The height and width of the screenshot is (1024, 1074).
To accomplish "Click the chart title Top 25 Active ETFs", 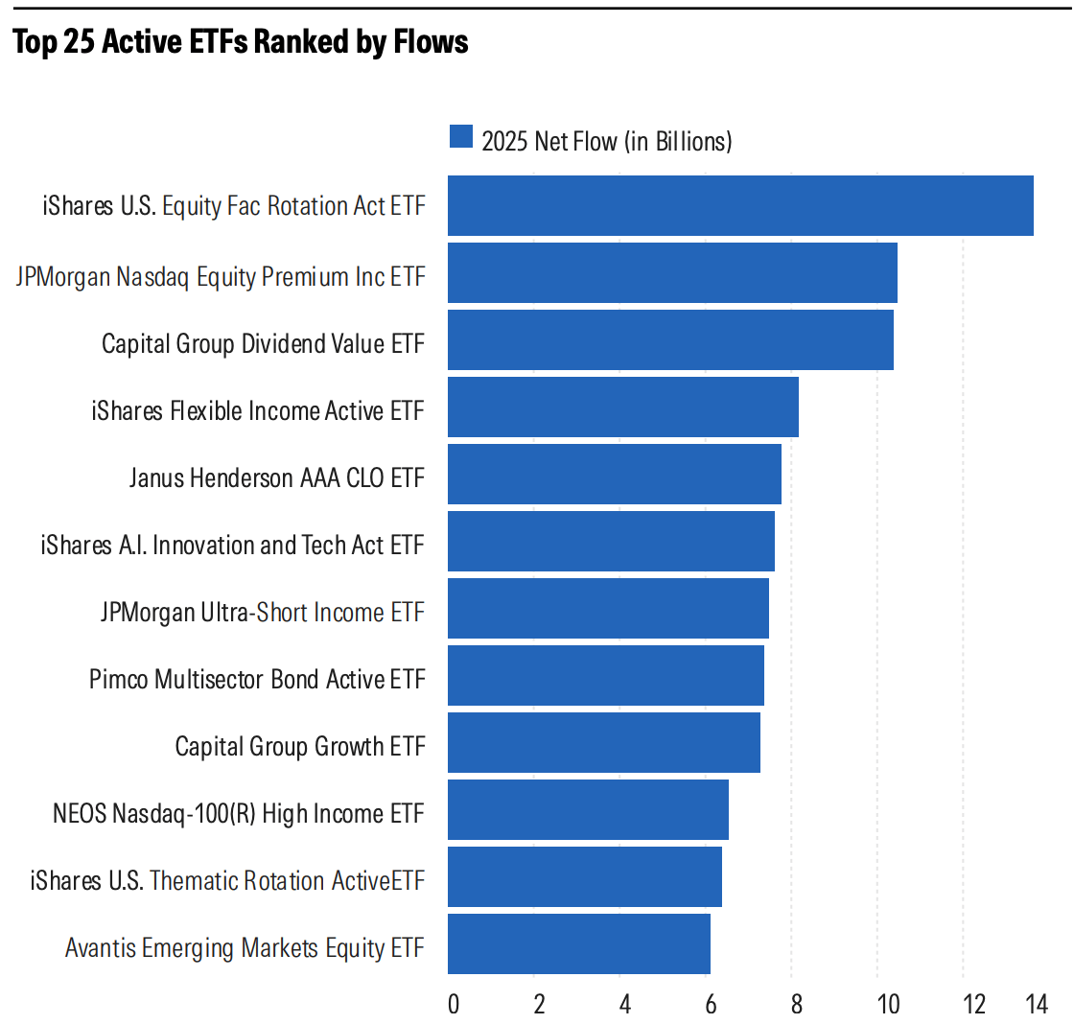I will coord(240,42).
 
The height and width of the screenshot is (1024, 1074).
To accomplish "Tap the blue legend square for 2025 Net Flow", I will coord(461,137).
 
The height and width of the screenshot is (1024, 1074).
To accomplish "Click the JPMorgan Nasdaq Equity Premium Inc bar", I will coord(672,272).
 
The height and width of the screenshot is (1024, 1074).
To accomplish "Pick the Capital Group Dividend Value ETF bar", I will coord(670,339).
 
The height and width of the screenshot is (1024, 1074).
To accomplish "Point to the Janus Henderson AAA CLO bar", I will coord(615,474).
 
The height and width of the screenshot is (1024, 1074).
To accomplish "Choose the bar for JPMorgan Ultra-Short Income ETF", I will coord(608,608).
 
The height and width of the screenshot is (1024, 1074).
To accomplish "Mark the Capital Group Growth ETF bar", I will coord(604,742).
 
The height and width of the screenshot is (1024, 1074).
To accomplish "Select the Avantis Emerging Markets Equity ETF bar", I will coord(579,943).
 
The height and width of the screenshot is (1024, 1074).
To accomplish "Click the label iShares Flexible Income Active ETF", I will coord(258,411).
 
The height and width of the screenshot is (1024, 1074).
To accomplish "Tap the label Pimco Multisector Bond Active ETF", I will coord(257,680).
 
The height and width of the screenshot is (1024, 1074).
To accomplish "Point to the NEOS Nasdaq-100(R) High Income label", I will coord(239,814).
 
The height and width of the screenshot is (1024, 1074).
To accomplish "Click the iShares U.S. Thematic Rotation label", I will coord(227,881).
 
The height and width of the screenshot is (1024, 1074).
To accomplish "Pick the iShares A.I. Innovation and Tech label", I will coord(232,546).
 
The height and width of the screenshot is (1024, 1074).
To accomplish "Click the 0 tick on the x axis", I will coord(453,1004).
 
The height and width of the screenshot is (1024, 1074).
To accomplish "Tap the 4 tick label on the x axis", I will coord(624,1004).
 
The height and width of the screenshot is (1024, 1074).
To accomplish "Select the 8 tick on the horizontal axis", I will coord(796,1004).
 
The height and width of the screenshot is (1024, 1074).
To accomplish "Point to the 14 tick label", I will coord(1036,1004).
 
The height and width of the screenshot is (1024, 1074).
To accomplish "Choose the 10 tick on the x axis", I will coord(888,1004).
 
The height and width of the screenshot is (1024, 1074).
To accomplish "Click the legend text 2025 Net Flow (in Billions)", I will coord(607,141).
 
